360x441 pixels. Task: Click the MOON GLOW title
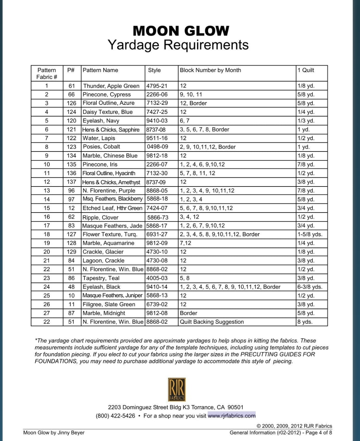point(181,31)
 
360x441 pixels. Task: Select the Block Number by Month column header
point(210,70)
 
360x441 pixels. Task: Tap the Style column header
point(154,70)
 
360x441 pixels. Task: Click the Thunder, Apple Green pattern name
point(111,86)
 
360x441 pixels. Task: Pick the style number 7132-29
point(157,103)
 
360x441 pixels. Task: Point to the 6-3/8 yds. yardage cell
point(310,287)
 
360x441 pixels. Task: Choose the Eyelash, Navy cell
point(101,121)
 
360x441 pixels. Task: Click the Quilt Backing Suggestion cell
point(212,322)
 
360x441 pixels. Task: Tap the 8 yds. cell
point(305,322)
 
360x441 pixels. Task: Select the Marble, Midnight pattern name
point(104,313)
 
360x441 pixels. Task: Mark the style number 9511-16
point(157,138)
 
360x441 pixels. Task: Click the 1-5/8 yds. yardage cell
point(310,235)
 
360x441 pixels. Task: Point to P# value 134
point(71,156)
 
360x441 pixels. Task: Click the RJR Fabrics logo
point(177,389)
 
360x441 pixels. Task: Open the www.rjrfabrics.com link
point(232,416)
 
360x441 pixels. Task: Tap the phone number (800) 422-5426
point(115,416)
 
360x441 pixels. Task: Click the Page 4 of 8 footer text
point(319,433)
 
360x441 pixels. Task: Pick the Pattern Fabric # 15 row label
point(47,208)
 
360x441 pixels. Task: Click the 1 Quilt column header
point(306,70)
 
